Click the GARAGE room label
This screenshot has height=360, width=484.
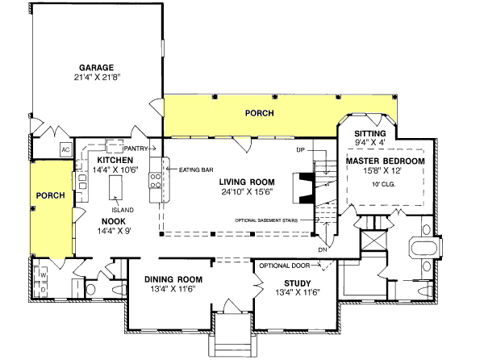[95, 67]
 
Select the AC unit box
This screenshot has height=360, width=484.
[66, 150]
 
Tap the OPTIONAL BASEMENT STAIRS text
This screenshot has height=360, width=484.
[273, 220]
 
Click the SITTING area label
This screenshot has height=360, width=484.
[370, 133]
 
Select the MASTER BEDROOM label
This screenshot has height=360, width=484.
[385, 161]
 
